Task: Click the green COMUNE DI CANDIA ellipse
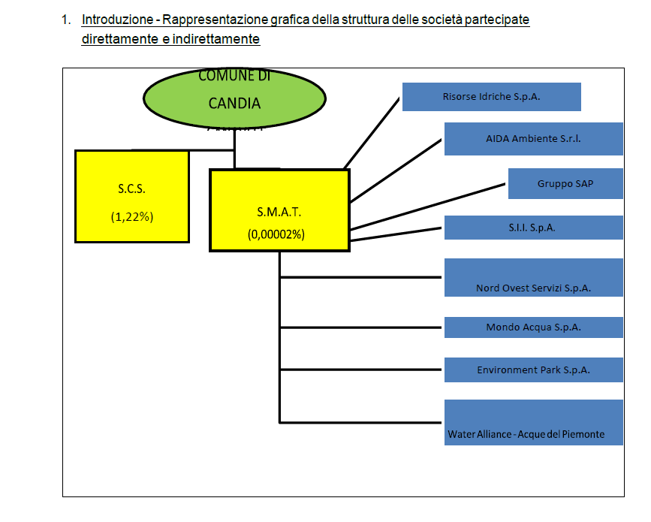point(234,98)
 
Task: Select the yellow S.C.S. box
point(131,196)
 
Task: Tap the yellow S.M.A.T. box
point(279,210)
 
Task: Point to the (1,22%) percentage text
point(131,216)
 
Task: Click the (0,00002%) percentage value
point(276,234)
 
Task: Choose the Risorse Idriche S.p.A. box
point(491,97)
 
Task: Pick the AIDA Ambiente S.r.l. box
point(533,139)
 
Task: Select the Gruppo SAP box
point(565,183)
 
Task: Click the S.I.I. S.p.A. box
point(533,228)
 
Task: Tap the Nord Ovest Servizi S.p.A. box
point(533,277)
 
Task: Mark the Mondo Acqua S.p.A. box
point(533,327)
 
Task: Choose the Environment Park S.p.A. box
point(533,370)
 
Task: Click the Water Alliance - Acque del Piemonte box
point(533,422)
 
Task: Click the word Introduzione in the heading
point(116,20)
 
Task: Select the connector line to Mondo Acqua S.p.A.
point(360,327)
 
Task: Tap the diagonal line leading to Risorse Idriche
point(371,132)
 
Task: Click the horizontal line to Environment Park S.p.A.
point(360,370)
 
